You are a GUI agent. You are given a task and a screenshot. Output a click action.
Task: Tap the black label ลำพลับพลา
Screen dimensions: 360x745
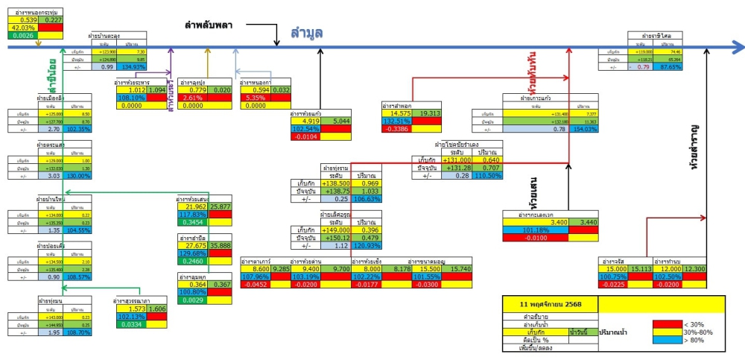[x=209, y=25]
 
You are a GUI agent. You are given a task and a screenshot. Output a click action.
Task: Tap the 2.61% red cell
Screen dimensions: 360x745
[x=192, y=98]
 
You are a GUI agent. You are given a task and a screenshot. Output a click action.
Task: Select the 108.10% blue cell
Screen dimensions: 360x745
[x=132, y=98]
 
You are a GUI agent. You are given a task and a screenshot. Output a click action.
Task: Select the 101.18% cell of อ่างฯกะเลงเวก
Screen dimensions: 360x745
[x=537, y=230]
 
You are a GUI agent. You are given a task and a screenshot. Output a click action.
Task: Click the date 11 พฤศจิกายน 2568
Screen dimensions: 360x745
[x=550, y=305]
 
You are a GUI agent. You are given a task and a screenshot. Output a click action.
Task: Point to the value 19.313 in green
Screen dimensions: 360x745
[x=430, y=113]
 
